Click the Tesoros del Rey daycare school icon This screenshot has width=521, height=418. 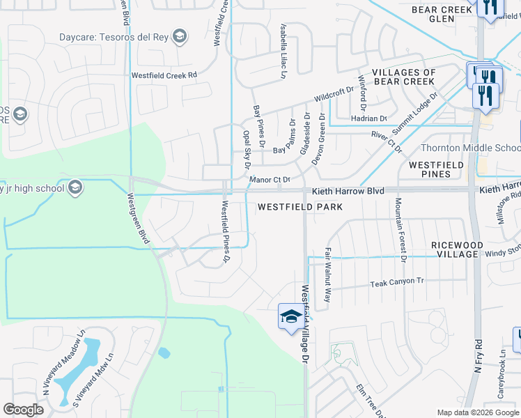180,36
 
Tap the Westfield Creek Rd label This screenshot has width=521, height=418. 164,75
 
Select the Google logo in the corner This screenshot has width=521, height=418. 23,410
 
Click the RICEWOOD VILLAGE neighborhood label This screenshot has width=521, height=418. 455,249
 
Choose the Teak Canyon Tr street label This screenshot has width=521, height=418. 397,282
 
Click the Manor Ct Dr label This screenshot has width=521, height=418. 270,180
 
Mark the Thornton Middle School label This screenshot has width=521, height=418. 470,148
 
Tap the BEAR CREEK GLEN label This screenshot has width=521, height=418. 443,15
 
